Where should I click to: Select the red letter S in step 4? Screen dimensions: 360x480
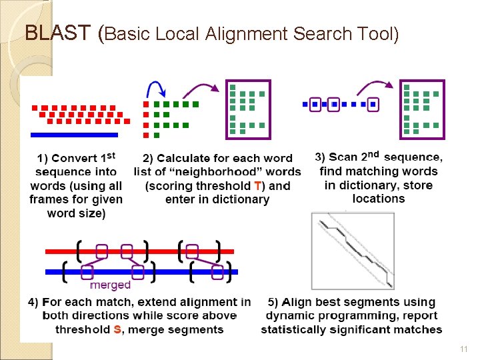118,329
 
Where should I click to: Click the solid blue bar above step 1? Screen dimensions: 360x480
74,135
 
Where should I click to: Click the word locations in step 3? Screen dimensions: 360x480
379,199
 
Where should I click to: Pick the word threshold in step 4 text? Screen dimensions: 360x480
83,329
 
